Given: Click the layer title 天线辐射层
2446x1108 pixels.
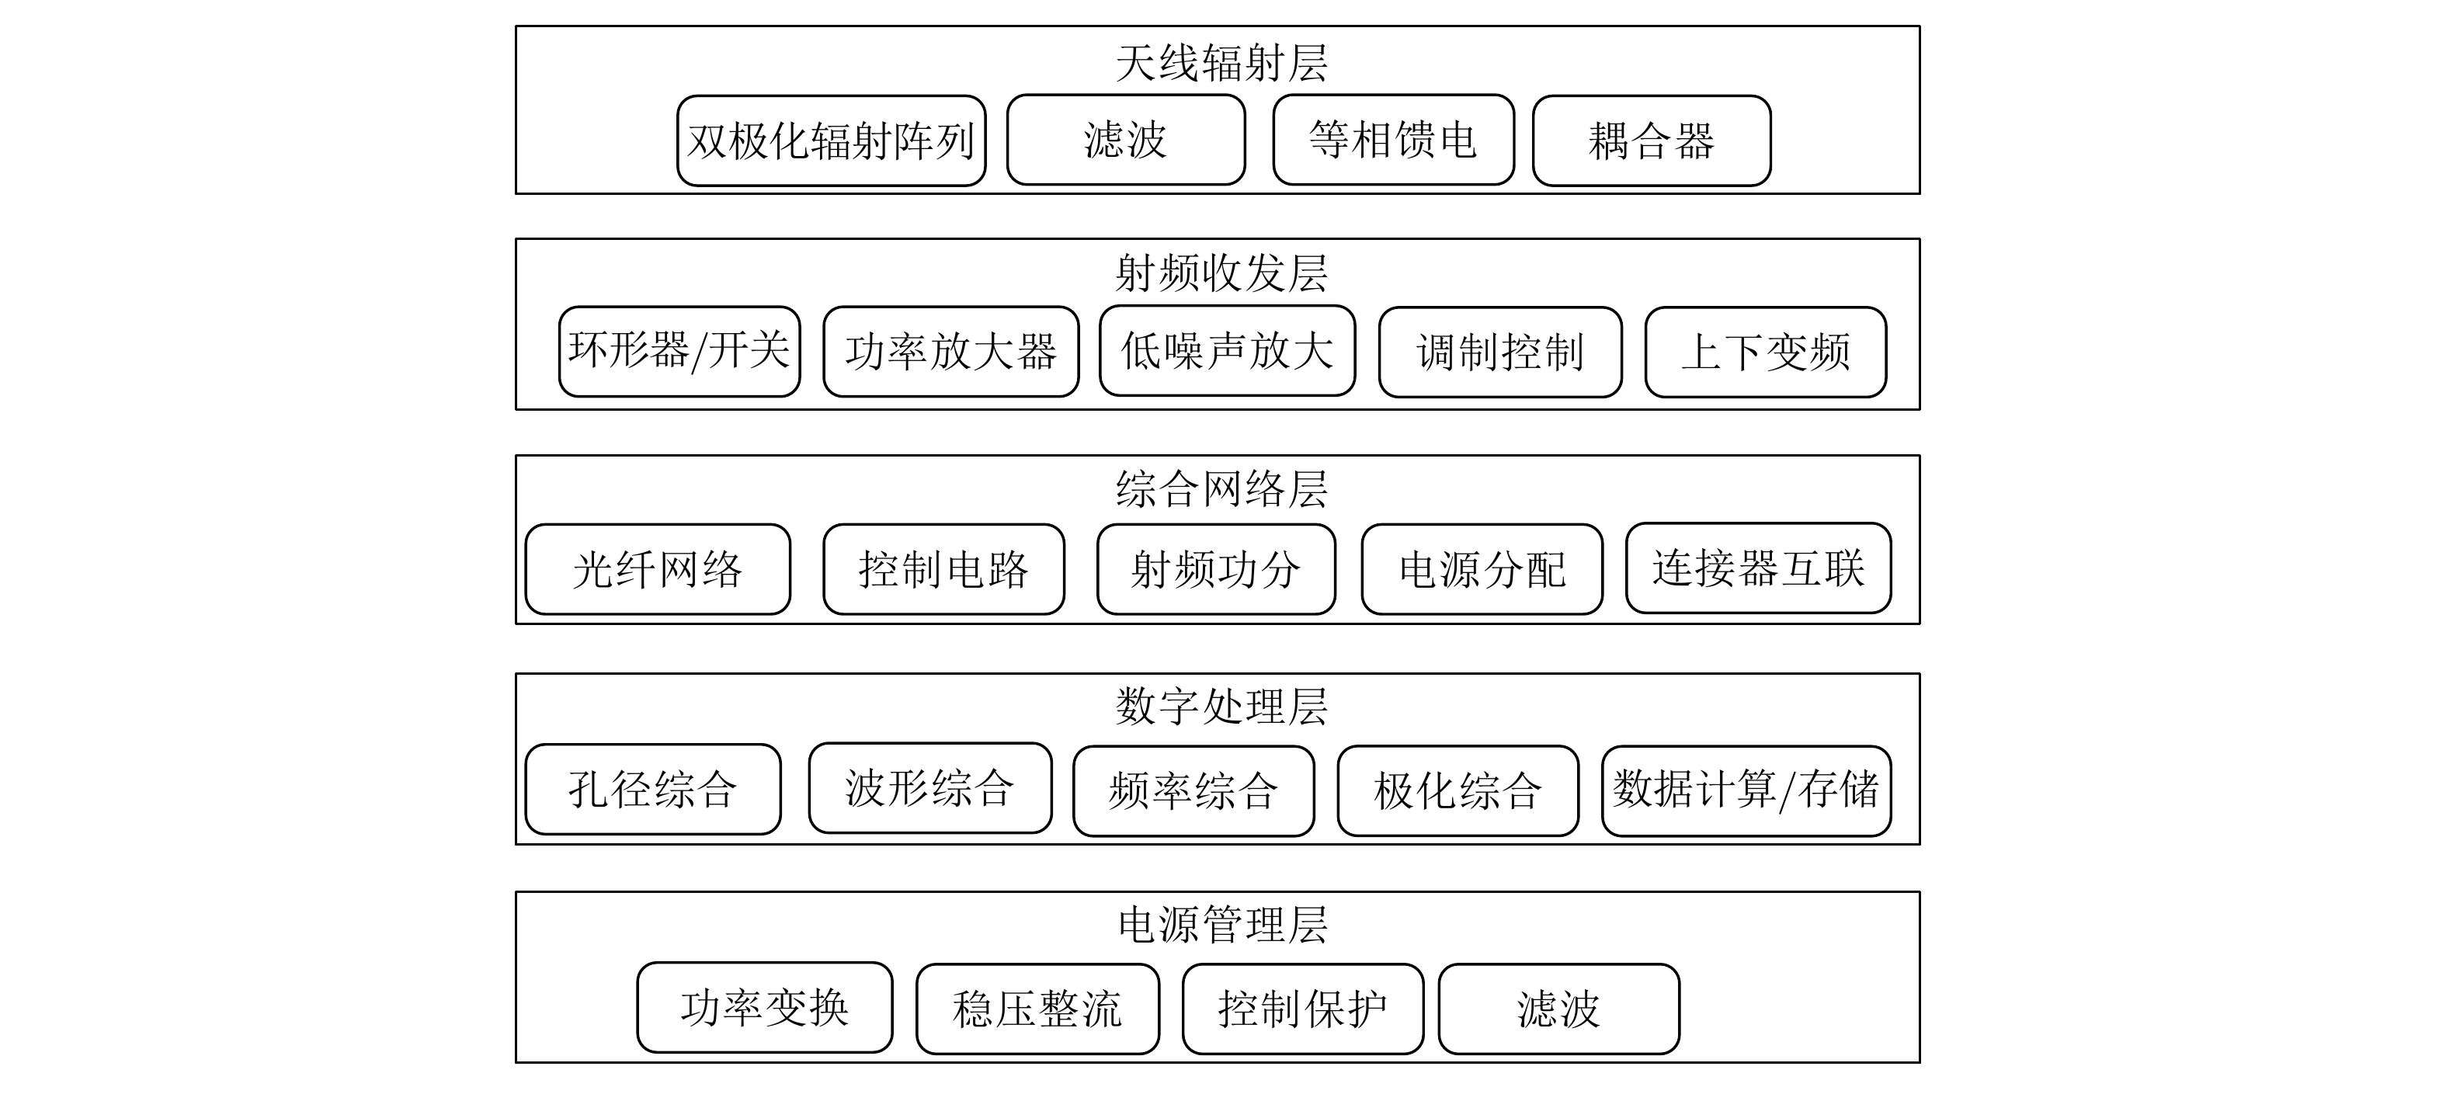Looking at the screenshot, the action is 1221,64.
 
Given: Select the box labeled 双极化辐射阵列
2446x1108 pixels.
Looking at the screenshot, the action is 831,141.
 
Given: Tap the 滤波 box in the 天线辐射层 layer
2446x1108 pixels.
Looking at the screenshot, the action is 1125,140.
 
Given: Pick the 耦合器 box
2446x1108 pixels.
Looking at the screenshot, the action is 1651,141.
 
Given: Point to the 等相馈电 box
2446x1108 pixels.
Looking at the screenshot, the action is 1393,140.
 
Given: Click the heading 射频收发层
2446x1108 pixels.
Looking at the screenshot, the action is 1221,273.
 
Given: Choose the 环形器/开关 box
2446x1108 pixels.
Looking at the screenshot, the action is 679,351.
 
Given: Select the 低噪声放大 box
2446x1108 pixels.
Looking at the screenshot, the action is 1227,350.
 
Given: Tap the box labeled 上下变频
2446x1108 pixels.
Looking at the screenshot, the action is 1765,351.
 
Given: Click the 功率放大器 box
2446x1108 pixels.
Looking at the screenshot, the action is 950,351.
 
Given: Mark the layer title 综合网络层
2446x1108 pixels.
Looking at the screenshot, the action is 1221,490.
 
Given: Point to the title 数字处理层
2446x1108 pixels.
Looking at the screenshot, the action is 1221,707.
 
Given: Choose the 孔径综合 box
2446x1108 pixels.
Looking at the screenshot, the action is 652,789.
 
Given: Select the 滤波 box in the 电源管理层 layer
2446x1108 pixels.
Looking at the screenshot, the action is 1558,1009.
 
